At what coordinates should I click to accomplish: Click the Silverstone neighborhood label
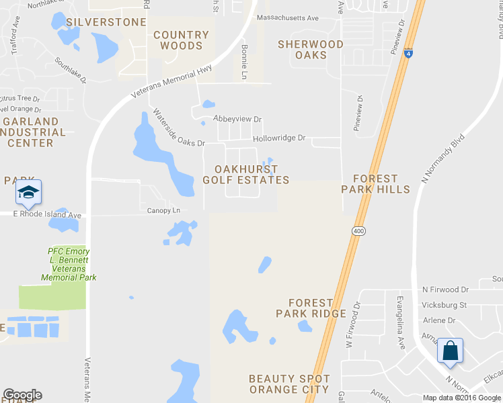[x=106, y=22]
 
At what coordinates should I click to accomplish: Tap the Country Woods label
[x=181, y=40]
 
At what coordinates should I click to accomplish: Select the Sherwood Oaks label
[x=311, y=50]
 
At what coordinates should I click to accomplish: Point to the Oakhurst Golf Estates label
[x=246, y=174]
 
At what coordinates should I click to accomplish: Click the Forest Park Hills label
[x=375, y=184]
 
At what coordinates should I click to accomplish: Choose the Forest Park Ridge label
[x=311, y=308]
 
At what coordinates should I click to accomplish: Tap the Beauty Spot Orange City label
[x=288, y=384]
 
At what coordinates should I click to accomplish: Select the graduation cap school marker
[x=29, y=192]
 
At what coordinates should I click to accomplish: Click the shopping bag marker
[x=450, y=351]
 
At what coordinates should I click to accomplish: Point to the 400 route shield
[x=358, y=230]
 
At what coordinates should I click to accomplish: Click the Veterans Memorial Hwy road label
[x=171, y=81]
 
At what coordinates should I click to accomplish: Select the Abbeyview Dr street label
[x=237, y=119]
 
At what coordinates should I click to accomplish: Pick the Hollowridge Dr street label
[x=279, y=138]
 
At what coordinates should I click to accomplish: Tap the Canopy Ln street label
[x=164, y=210]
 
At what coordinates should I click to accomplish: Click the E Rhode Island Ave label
[x=47, y=215]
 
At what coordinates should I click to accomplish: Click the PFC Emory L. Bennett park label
[x=69, y=264]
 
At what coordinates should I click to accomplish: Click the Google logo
[x=22, y=395]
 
